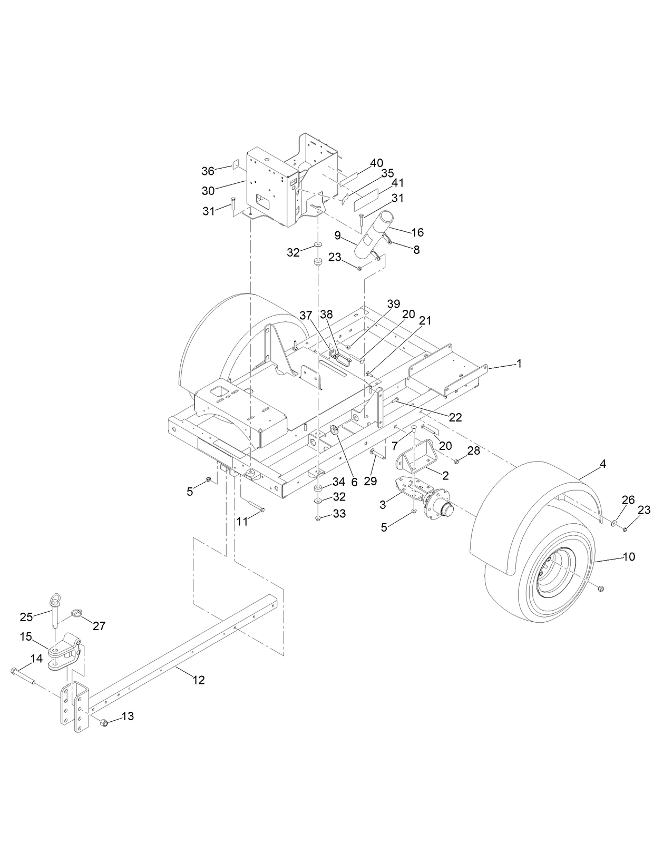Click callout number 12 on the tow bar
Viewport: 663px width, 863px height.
pos(198,680)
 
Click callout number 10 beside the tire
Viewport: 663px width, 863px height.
pos(629,556)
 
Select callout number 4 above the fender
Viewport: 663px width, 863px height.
pos(603,464)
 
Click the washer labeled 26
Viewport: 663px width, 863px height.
pos(615,523)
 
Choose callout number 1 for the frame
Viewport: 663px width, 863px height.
pos(519,364)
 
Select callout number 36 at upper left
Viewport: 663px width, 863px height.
pos(208,171)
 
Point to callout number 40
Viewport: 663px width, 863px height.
pos(376,163)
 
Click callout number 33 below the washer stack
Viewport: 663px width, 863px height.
pos(339,513)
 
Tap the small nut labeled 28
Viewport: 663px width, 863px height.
pos(456,461)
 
